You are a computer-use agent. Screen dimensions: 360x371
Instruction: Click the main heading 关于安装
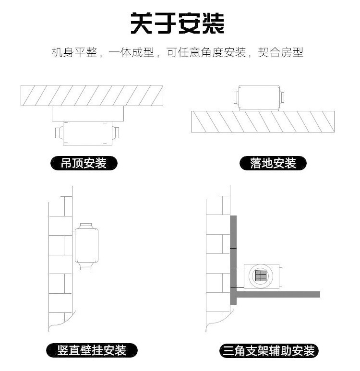pos(178,24)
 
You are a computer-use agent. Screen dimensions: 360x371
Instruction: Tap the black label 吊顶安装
pos(84,164)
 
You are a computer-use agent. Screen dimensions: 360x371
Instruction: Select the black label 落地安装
pos(273,164)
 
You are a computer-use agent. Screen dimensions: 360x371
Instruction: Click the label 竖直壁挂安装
pos(92,350)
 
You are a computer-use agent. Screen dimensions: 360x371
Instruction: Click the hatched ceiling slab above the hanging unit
pos(92,95)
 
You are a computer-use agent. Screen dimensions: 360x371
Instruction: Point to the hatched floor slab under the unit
pos(262,121)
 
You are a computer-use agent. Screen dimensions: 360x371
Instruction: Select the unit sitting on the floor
pos(259,97)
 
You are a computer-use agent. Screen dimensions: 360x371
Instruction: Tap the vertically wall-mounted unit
pos(87,245)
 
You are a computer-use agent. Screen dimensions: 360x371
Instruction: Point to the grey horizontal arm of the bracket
pos(278,294)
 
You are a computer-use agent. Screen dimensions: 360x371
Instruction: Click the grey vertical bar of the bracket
pos(234,259)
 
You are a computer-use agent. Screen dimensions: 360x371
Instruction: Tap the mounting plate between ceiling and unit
pos(88,114)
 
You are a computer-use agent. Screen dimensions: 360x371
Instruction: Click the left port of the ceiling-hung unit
pos(59,132)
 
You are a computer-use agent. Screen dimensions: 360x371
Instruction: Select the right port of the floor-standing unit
pos(283,97)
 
